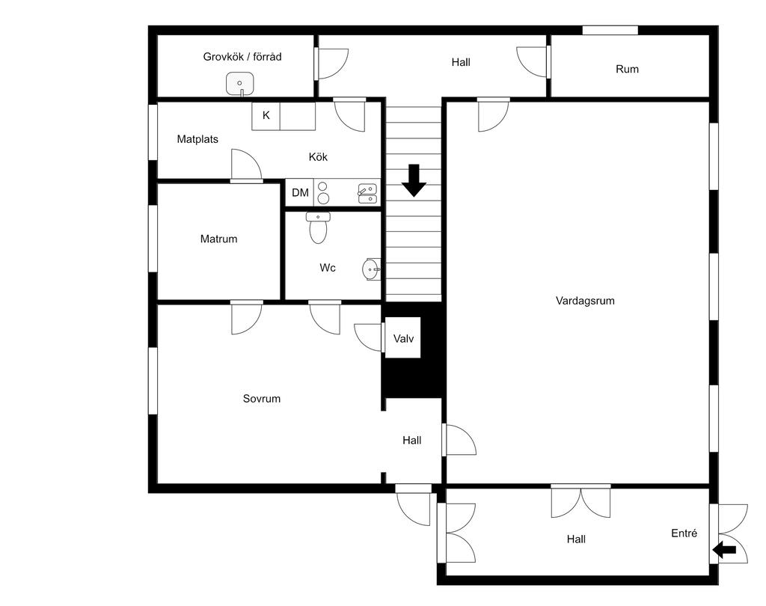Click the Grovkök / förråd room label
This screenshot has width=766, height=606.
tap(242, 57)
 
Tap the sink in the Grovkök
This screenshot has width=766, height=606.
tap(240, 84)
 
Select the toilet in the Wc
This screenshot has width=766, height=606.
tap(318, 227)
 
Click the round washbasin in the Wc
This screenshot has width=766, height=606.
tap(372, 269)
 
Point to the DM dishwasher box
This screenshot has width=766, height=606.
tap(300, 192)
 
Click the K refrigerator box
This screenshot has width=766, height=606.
tap(266, 116)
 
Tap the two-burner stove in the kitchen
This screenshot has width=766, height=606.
tap(323, 192)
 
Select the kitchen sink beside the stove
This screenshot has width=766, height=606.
tap(367, 193)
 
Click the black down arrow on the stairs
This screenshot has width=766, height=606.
tap(414, 180)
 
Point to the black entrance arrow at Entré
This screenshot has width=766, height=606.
tap(724, 550)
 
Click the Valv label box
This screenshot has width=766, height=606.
tap(403, 337)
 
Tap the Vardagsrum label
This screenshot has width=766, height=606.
tap(585, 301)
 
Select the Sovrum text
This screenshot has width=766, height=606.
tap(262, 399)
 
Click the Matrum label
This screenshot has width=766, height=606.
tap(219, 239)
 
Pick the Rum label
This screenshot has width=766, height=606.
tap(628, 69)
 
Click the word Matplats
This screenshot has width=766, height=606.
tap(197, 139)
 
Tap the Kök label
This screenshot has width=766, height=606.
tap(318, 157)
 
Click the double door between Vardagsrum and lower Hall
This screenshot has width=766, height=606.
tap(580, 501)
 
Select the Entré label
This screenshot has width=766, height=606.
tap(684, 533)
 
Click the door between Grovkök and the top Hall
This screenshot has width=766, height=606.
tap(331, 64)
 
